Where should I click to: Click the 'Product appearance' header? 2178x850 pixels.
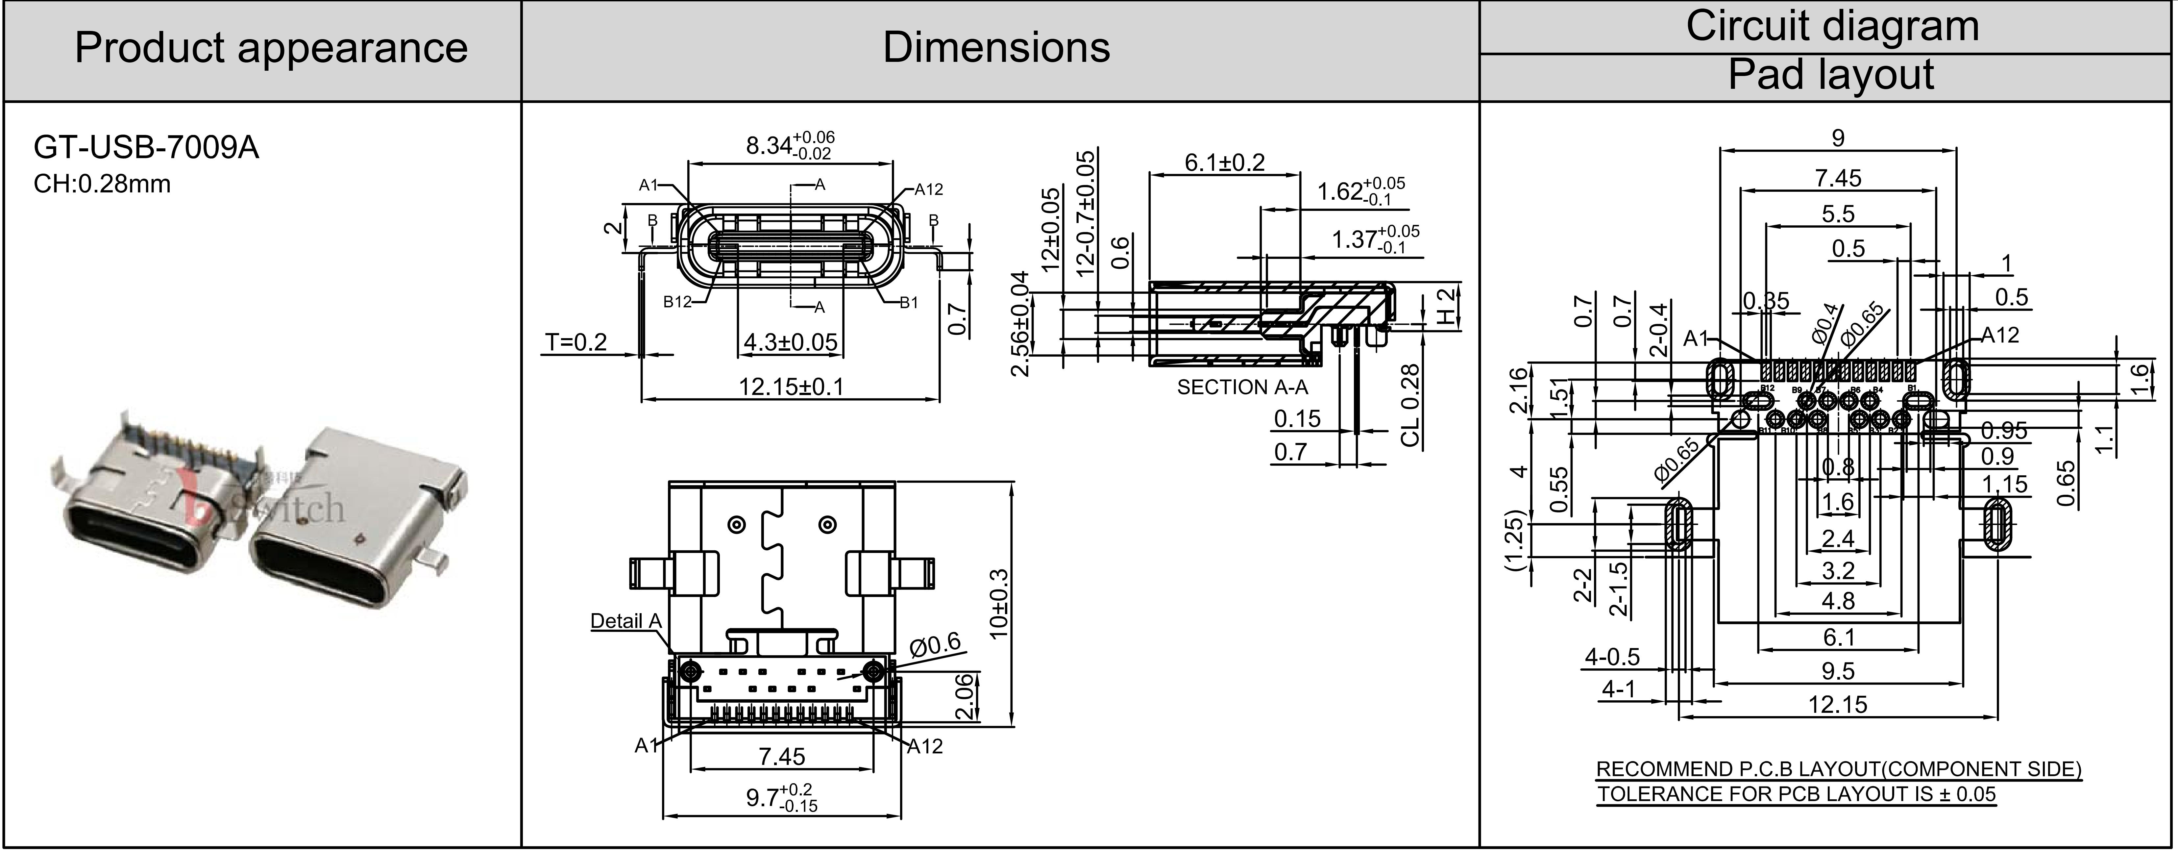(271, 47)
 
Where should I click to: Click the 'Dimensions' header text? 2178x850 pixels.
(996, 47)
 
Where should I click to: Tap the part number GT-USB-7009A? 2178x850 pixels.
(145, 148)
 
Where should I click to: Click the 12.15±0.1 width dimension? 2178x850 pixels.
(791, 387)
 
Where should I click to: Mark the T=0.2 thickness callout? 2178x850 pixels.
(576, 342)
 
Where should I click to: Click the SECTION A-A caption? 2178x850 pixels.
(1242, 387)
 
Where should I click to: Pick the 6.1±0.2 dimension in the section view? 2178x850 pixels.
(1224, 162)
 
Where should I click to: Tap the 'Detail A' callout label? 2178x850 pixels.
(626, 622)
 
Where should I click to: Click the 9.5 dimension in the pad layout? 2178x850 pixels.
(1838, 671)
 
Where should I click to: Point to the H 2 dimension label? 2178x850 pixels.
(1448, 307)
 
